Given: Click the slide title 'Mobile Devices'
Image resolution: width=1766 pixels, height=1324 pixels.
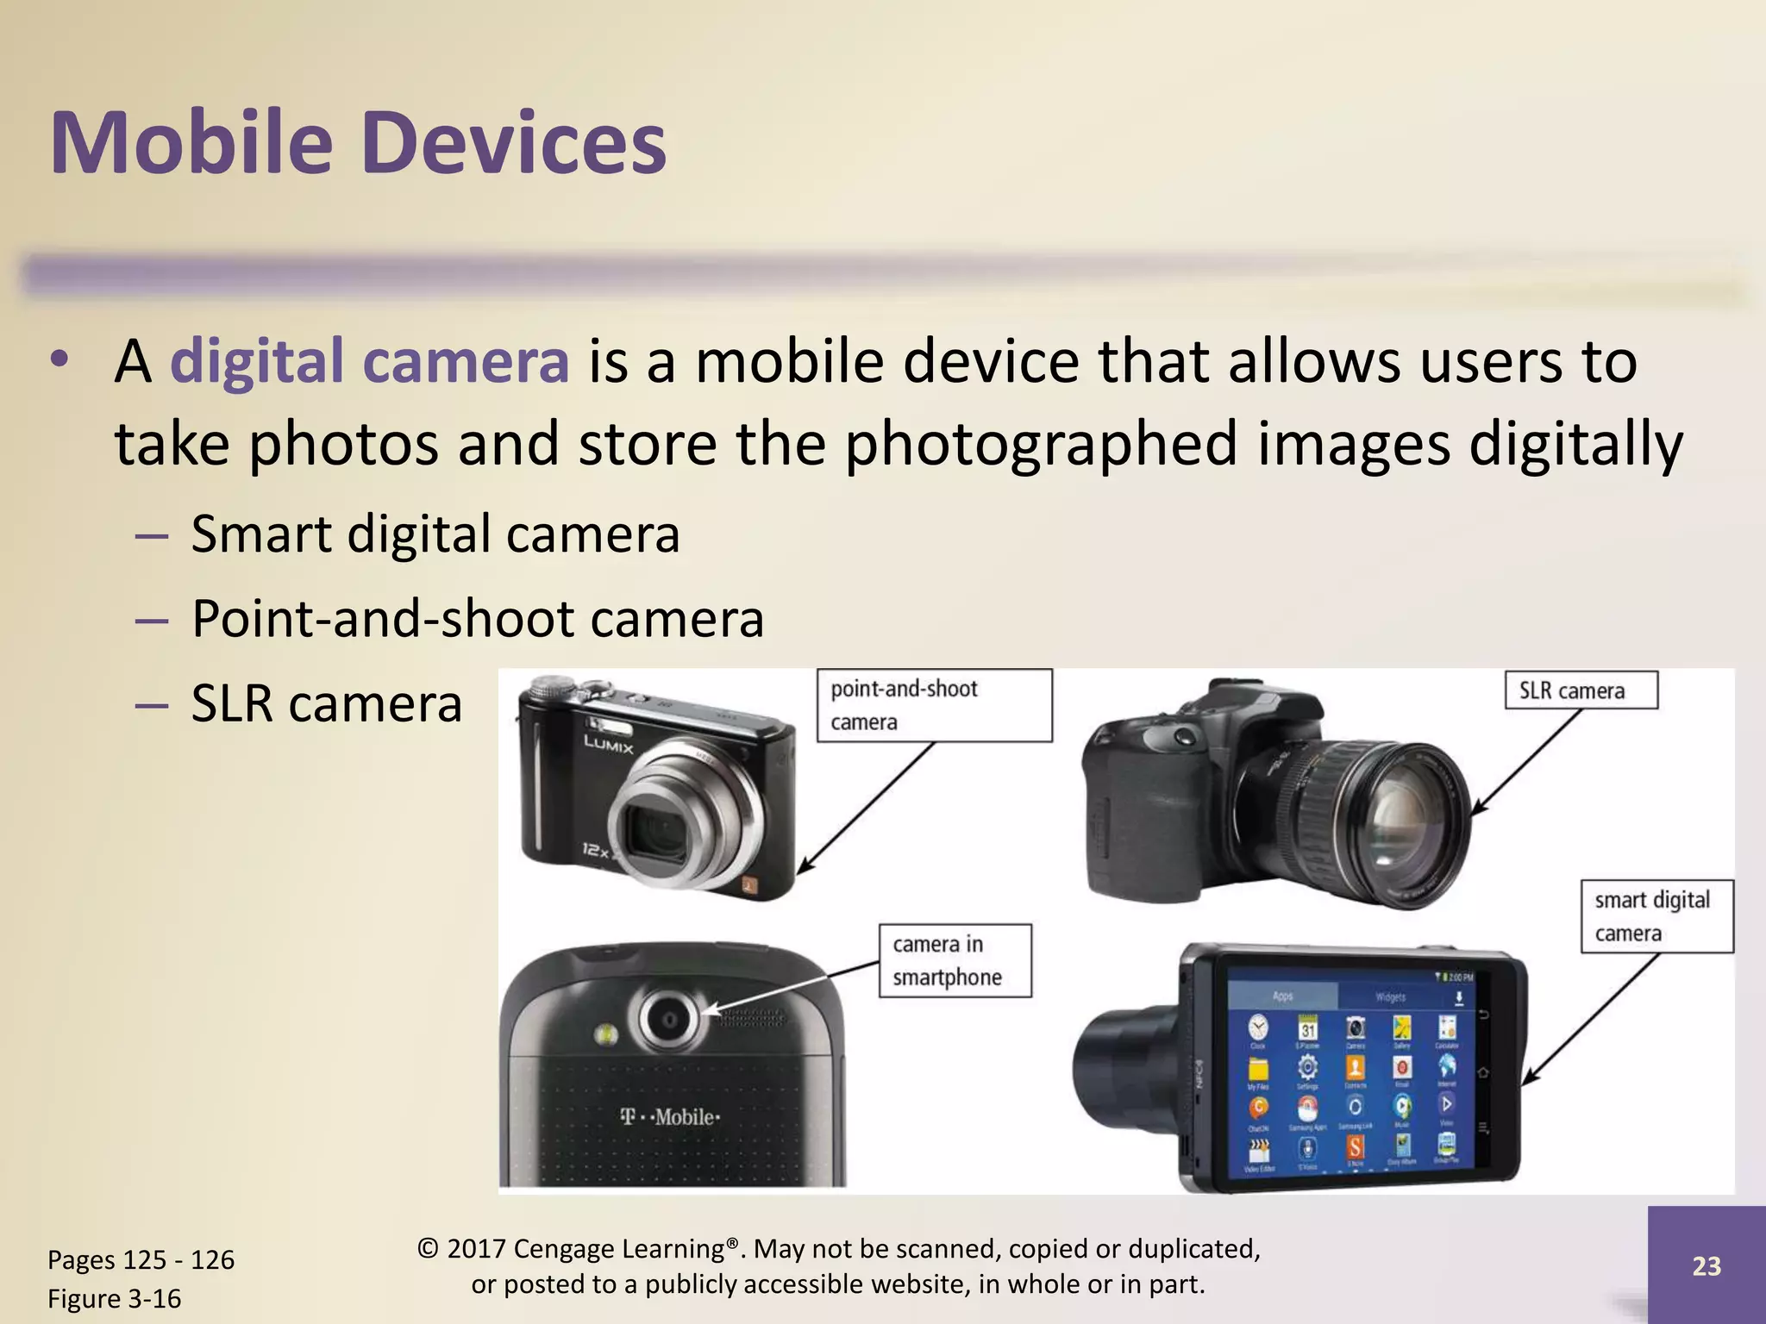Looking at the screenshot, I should [358, 142].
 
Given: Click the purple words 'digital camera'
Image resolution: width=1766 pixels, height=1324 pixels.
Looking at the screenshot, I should [370, 361].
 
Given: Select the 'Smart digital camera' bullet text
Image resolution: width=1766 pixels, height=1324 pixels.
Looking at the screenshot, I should [435, 534].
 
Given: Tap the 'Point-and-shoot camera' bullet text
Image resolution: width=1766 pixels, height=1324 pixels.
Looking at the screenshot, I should [478, 618].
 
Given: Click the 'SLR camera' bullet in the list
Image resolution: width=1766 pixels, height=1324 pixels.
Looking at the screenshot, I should [327, 703].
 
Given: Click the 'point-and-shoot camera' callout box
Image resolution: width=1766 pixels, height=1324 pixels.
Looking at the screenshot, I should [934, 705].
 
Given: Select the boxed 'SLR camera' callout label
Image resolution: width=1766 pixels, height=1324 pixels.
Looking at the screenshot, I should [1581, 690].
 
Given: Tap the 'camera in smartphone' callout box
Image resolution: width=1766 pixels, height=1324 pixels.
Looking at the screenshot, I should [955, 960].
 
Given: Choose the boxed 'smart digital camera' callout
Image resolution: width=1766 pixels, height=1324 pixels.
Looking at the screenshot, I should [1656, 916].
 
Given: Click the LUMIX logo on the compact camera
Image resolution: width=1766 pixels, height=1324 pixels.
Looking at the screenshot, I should [609, 743].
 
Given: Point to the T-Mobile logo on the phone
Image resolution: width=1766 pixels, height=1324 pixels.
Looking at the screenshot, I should [670, 1117].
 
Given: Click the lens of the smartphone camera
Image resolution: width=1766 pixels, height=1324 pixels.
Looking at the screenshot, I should [668, 1021].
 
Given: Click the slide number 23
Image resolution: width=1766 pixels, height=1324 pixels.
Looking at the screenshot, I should [1707, 1265].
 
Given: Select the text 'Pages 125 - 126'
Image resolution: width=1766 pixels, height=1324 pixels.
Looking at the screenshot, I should [141, 1259].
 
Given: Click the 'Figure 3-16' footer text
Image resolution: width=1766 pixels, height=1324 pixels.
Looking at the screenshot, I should [114, 1298].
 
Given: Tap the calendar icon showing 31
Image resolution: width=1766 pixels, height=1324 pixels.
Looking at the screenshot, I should [1308, 1029].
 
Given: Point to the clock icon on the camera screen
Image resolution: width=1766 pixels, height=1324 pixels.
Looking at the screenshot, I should [1258, 1027].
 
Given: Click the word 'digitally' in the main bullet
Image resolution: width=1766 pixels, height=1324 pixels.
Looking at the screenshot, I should [1575, 444].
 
